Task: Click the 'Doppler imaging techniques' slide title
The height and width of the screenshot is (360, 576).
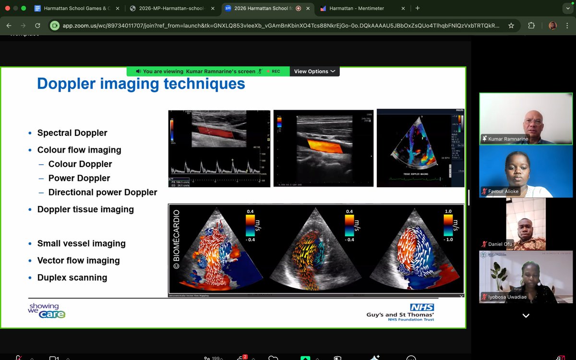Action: coord(141,84)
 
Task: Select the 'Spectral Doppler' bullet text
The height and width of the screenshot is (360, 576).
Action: coord(72,133)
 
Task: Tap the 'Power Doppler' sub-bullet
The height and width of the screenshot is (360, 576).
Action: coord(79,178)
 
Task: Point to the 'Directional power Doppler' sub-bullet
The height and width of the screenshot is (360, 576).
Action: coord(103,192)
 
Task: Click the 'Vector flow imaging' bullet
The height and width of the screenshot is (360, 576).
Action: coord(78,261)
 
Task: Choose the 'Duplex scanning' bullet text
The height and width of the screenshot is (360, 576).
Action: coord(72,277)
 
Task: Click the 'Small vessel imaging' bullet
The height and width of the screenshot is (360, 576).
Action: coord(81,243)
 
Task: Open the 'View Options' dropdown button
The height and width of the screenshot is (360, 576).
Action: coord(314,72)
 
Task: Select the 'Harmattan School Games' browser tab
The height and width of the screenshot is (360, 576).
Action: coord(76,8)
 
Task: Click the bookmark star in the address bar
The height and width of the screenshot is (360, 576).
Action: coord(511,25)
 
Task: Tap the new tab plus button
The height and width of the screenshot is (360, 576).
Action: coord(417,8)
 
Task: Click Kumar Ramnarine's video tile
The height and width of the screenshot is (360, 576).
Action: coord(526,118)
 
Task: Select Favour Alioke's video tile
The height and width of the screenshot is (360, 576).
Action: coord(526,170)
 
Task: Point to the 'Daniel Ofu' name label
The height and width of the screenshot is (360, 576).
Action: coord(500,244)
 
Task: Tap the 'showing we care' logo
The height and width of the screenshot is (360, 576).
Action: coord(46,311)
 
